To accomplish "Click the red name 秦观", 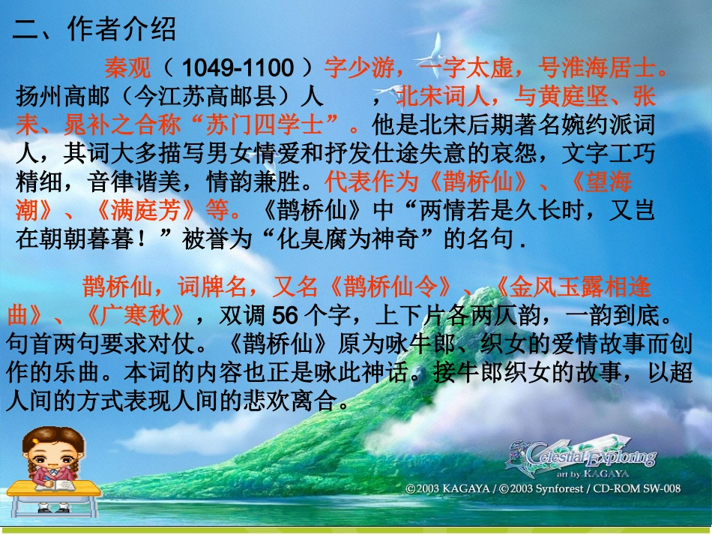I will [x=127, y=68].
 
